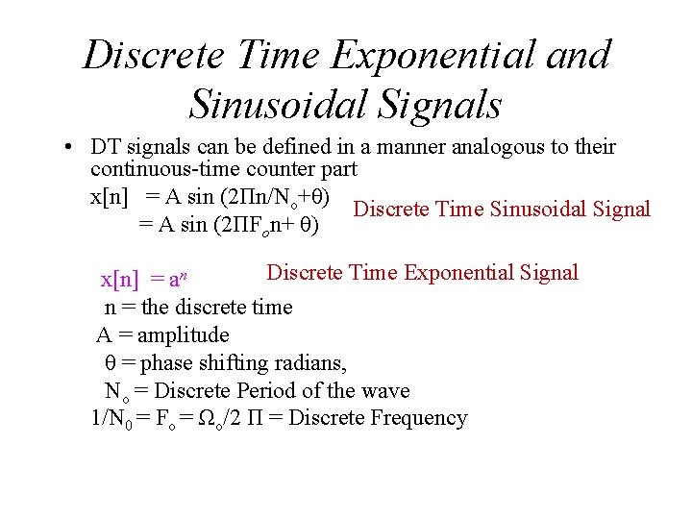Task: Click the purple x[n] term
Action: point(120,280)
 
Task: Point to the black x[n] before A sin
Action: point(109,197)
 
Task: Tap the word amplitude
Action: point(183,335)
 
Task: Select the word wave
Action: point(385,391)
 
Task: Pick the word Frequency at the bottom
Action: point(419,418)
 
